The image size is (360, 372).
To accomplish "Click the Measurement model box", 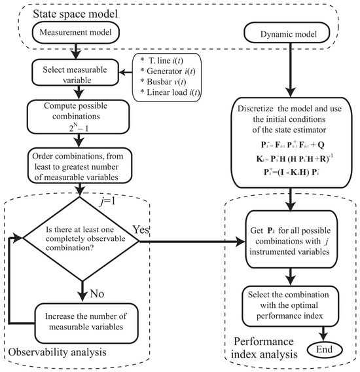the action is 76,33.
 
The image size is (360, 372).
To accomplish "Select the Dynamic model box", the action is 287,33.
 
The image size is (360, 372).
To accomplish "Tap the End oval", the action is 325,350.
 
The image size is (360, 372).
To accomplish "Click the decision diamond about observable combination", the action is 81,239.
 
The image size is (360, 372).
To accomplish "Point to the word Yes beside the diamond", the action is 141,229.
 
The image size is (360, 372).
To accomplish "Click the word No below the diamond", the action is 97,293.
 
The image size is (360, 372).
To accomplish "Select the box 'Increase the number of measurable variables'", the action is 86,323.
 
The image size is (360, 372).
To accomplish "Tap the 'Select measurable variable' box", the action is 75,73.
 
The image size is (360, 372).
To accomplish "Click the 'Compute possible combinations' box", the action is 79,117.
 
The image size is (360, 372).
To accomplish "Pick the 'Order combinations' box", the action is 80,166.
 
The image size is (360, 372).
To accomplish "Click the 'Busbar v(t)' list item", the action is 163,82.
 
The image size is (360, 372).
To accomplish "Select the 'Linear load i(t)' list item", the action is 170,92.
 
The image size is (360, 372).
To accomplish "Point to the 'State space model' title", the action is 75,14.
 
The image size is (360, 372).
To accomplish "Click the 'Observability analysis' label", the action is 58,352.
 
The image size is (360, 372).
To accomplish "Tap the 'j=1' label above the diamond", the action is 107,202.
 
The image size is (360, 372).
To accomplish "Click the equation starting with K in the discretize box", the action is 294,158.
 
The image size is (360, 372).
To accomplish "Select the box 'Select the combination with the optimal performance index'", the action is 290,306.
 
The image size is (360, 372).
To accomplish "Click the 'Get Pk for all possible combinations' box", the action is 291,239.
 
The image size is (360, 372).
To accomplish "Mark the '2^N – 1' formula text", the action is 79,128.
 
